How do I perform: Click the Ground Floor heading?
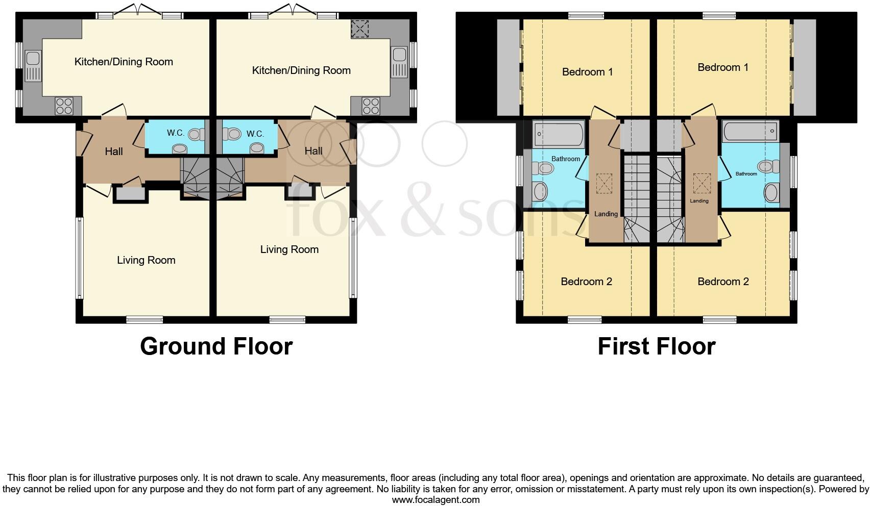(216, 346)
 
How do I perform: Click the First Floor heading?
(656, 346)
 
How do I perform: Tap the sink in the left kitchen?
(33, 66)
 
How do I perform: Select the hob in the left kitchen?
(64, 106)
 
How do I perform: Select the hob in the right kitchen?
(371, 106)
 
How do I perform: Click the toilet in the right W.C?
(233, 134)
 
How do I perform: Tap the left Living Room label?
(146, 260)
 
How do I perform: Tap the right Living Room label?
(289, 249)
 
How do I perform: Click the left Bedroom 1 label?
(587, 72)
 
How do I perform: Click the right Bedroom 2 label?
(723, 282)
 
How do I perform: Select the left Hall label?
(114, 151)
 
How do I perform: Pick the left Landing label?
(606, 214)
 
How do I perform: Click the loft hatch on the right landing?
(700, 183)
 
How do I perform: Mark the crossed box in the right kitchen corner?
(359, 29)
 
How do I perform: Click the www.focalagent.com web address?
(436, 500)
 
